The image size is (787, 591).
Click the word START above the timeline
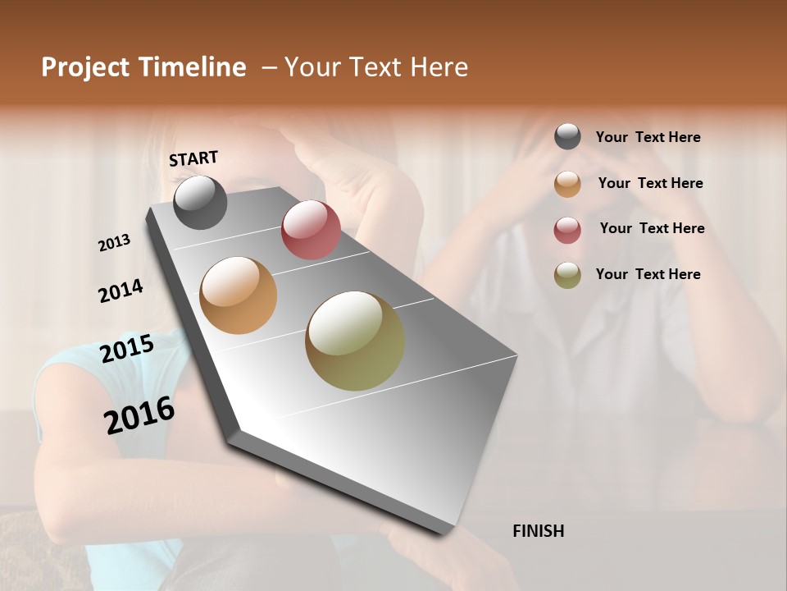193,158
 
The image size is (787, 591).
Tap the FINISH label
538,531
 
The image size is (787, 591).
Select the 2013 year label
114,243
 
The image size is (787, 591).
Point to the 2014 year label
121,291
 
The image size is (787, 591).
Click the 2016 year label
139,415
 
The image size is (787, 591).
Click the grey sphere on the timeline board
200,202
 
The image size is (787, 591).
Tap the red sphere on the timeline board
311,229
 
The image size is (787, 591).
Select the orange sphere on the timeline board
239,295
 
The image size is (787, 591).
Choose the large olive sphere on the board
355,341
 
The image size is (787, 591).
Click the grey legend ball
567,136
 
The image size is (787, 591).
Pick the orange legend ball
567,184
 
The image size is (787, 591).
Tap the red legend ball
567,230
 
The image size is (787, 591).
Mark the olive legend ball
567,275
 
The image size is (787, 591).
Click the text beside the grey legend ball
648,138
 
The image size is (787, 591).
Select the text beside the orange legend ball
650,183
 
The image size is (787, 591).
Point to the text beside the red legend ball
652,228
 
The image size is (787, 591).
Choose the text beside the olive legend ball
648,274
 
